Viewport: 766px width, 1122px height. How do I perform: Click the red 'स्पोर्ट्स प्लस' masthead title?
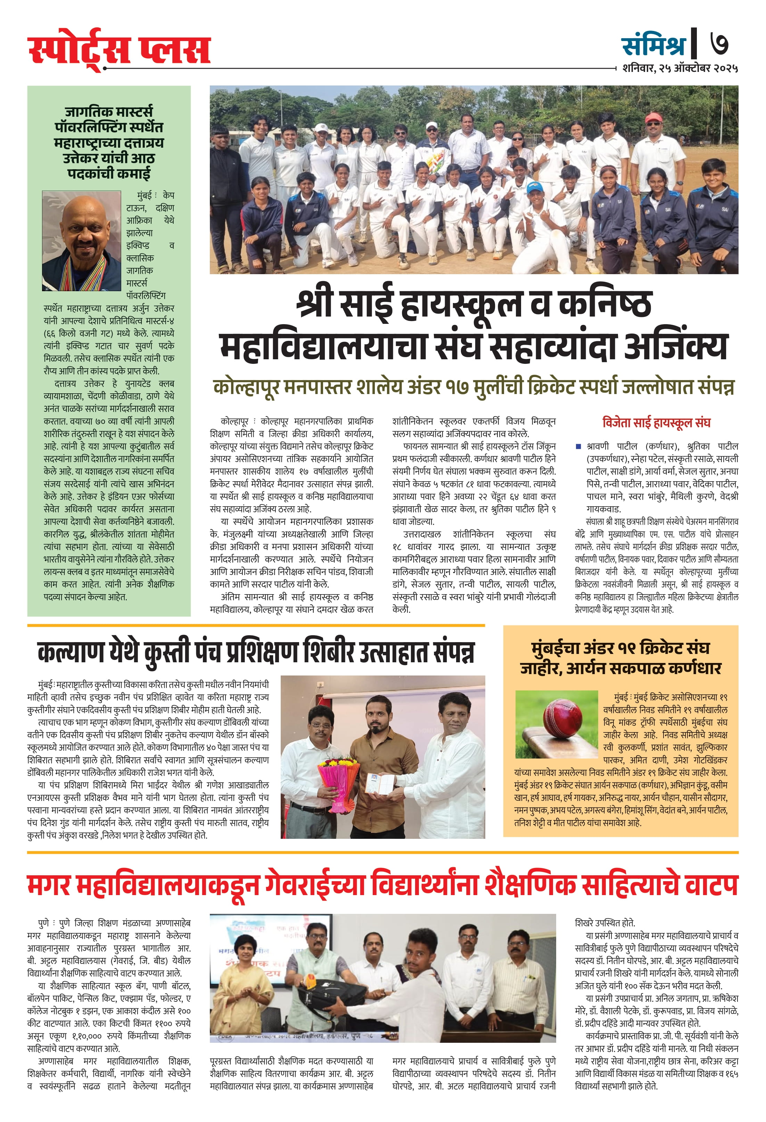click(119, 50)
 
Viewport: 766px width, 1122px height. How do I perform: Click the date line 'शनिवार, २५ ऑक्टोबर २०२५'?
click(679, 68)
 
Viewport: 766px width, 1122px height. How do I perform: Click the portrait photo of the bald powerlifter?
click(82, 241)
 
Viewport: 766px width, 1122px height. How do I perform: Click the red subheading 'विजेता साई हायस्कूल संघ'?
click(656, 423)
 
